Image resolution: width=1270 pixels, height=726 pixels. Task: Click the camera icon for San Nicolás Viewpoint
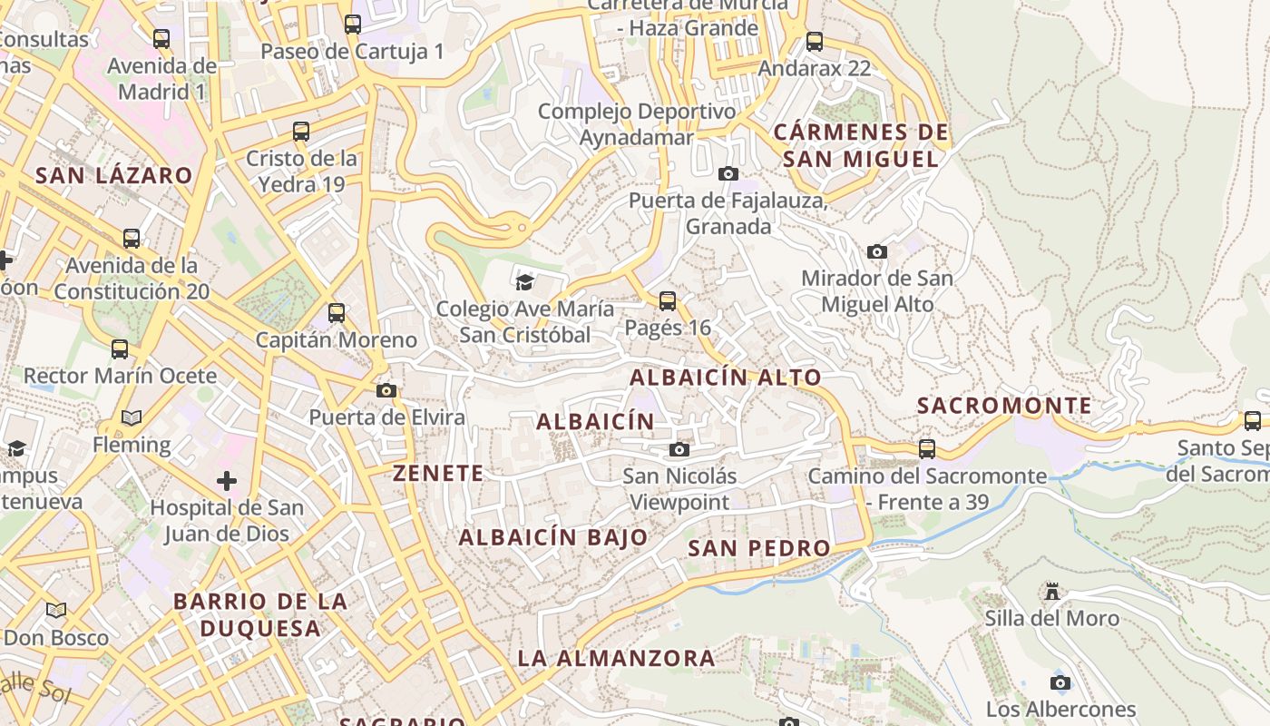pyautogui.click(x=679, y=449)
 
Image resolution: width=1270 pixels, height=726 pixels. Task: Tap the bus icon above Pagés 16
pyautogui.click(x=668, y=300)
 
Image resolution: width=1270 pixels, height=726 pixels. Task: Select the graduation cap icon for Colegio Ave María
pyautogui.click(x=524, y=281)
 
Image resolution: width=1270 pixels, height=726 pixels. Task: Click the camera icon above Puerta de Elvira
pyautogui.click(x=386, y=390)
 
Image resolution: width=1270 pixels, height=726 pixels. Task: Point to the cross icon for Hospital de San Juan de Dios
pyautogui.click(x=227, y=480)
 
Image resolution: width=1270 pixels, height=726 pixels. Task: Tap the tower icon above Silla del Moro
pyautogui.click(x=1052, y=592)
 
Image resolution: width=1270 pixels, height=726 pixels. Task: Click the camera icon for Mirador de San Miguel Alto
pyautogui.click(x=876, y=251)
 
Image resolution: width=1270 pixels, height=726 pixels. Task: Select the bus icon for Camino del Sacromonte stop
pyautogui.click(x=926, y=448)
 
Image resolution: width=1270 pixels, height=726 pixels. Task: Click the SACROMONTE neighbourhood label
pyautogui.click(x=1004, y=406)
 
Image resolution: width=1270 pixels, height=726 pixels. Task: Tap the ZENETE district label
pyautogui.click(x=438, y=473)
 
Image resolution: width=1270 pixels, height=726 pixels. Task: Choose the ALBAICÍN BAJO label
pyautogui.click(x=553, y=537)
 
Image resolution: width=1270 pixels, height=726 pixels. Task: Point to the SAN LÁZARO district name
pyautogui.click(x=114, y=176)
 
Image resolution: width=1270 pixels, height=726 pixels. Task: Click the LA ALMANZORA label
pyautogui.click(x=616, y=658)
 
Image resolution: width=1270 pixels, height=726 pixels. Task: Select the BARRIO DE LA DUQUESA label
pyautogui.click(x=260, y=614)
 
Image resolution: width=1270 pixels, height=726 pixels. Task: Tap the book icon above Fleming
pyautogui.click(x=132, y=417)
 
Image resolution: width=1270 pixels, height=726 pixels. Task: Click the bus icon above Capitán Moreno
pyautogui.click(x=337, y=313)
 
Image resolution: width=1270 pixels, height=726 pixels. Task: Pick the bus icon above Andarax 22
pyautogui.click(x=815, y=41)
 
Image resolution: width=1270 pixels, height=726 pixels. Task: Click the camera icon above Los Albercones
pyautogui.click(x=1060, y=682)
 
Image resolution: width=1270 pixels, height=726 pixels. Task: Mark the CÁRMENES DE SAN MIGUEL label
pyautogui.click(x=861, y=145)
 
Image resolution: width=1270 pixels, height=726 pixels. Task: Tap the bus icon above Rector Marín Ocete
pyautogui.click(x=120, y=348)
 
